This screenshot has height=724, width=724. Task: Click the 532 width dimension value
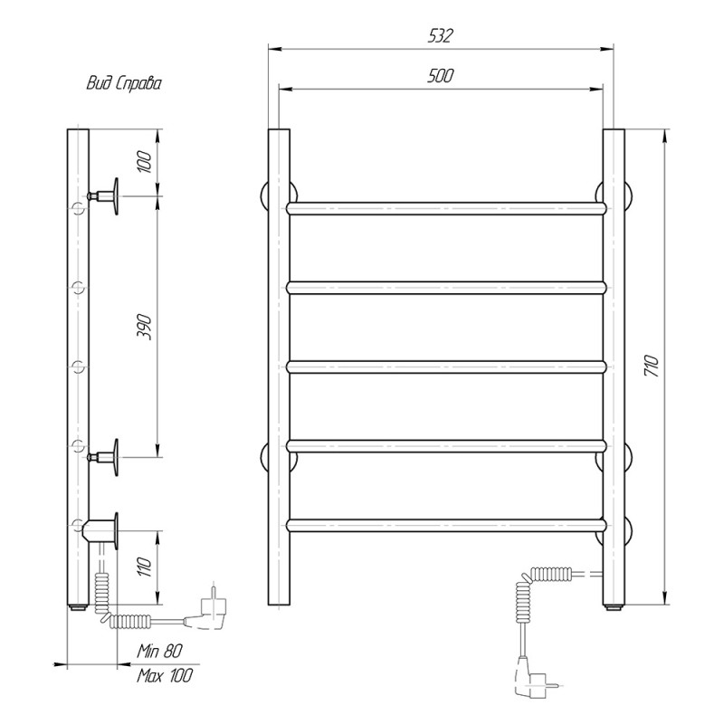[441, 35]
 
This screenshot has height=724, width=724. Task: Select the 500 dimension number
[441, 76]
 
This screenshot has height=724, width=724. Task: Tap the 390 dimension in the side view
[144, 327]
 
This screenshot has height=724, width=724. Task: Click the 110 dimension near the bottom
[145, 567]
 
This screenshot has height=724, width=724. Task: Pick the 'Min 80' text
[160, 651]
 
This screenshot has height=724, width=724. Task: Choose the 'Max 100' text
[165, 676]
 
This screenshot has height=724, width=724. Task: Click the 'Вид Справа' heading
[124, 83]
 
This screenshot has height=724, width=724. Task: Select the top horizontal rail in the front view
[445, 208]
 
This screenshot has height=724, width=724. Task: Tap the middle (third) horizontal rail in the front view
[445, 367]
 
